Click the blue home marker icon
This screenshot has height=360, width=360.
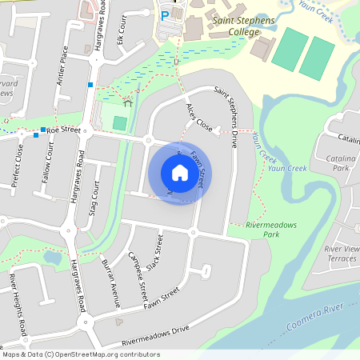point(180,173)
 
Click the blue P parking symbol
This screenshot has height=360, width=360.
point(165,15)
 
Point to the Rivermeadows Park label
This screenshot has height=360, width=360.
point(271,230)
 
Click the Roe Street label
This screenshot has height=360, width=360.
point(65,129)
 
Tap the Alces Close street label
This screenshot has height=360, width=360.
point(198,118)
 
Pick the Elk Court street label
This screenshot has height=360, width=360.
point(120,30)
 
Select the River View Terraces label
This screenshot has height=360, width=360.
point(342,254)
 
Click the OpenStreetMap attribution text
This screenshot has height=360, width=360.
point(80,354)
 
